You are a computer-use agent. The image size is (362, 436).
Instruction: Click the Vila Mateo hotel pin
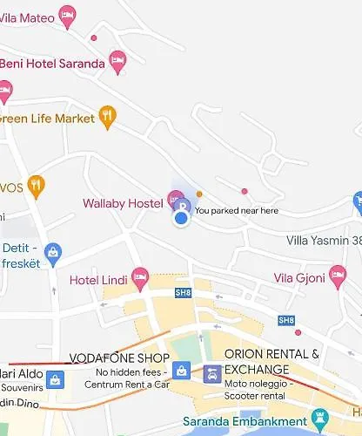click(x=67, y=15)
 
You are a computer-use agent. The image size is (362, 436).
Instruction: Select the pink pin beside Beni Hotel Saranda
click(x=118, y=62)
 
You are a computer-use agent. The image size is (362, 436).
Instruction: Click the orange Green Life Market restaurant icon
click(x=107, y=116)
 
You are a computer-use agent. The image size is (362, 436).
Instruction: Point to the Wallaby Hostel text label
click(x=122, y=203)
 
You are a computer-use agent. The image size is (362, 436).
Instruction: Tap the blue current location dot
click(x=181, y=218)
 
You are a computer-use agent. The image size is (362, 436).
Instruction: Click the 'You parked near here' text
click(x=237, y=210)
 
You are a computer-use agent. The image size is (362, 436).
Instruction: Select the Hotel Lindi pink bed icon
click(x=139, y=278)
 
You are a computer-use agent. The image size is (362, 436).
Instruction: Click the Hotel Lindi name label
click(x=98, y=280)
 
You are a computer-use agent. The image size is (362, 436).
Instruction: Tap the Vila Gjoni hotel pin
click(x=338, y=277)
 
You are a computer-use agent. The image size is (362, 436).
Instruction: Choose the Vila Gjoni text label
click(x=298, y=278)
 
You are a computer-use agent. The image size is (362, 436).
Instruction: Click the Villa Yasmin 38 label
click(x=324, y=240)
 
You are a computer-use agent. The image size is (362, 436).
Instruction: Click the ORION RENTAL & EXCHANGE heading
click(x=271, y=362)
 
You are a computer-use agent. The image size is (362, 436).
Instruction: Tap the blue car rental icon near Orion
click(x=211, y=375)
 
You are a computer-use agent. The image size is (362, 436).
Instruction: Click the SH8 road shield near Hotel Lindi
click(x=182, y=292)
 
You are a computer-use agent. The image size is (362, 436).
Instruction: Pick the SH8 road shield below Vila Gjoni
click(x=286, y=320)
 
